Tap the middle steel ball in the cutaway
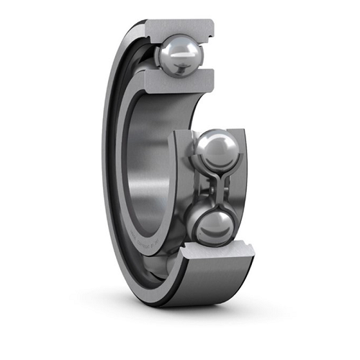click(x=214, y=150)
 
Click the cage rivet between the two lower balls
click(x=214, y=188)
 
